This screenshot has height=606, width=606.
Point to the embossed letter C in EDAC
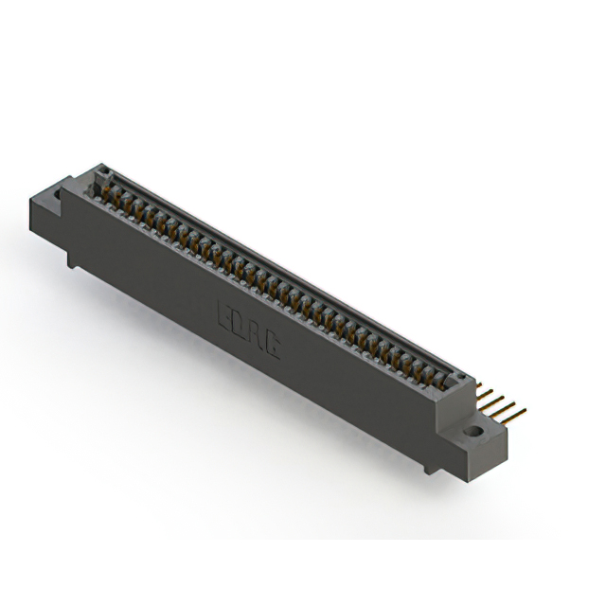[x=273, y=346]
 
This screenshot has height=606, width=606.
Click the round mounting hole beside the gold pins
[x=472, y=432]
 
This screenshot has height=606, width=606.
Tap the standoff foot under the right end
[x=432, y=465]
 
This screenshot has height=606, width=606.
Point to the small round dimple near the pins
[x=463, y=379]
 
